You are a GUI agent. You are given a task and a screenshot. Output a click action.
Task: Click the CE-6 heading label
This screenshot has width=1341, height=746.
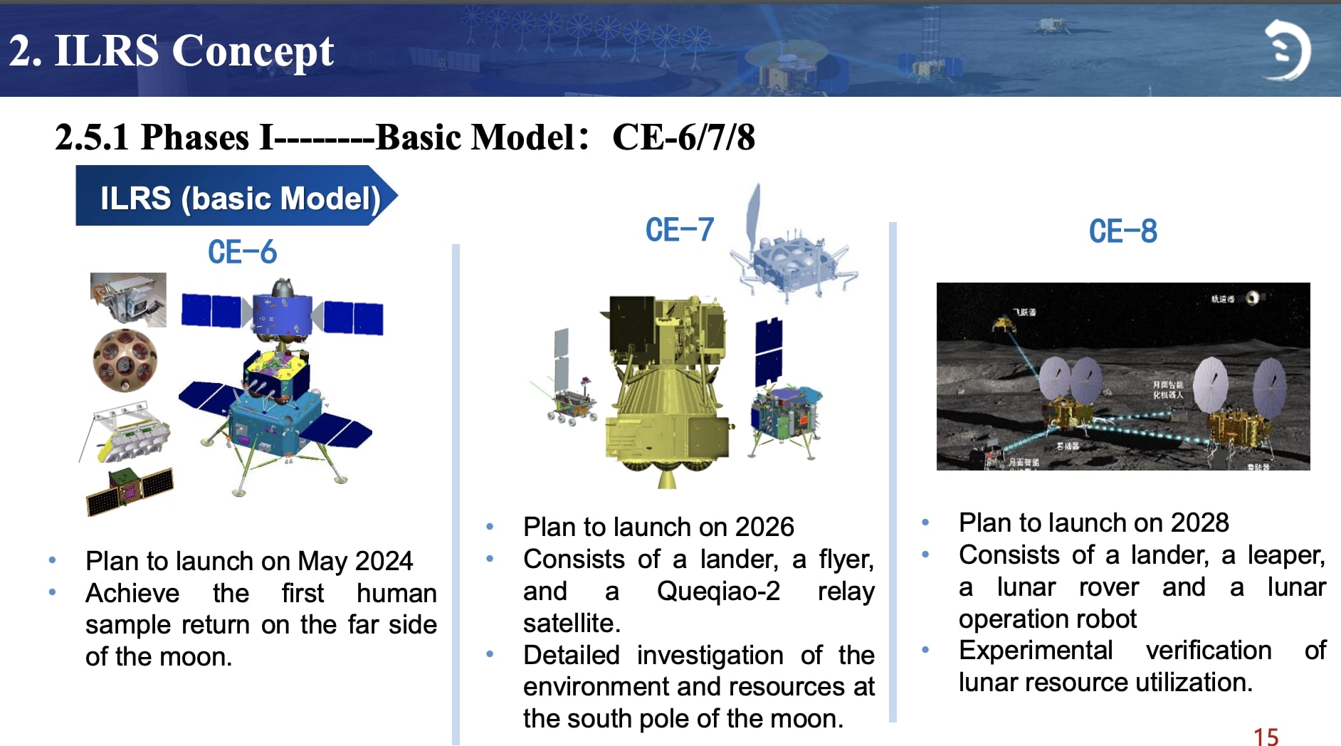(x=242, y=252)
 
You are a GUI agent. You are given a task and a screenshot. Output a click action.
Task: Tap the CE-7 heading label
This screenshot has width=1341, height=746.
(x=679, y=230)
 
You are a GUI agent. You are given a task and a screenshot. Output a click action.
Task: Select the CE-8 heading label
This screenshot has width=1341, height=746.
(x=1122, y=231)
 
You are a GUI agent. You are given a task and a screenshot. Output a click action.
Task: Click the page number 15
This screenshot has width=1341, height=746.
(x=1266, y=736)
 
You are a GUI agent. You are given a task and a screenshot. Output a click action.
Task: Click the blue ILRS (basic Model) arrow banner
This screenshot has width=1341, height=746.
(x=235, y=197)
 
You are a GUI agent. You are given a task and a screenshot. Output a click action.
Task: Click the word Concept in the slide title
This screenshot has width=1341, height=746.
(x=253, y=51)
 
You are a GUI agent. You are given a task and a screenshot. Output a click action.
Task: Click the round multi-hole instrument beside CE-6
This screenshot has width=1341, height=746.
(x=125, y=360)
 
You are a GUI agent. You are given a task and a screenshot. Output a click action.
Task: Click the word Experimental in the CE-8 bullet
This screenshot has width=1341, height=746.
(x=1035, y=650)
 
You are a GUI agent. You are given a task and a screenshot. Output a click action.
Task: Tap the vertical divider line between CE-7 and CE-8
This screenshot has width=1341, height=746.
(x=893, y=470)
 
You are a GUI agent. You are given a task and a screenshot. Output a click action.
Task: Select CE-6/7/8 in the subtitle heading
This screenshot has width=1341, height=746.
(x=683, y=137)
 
